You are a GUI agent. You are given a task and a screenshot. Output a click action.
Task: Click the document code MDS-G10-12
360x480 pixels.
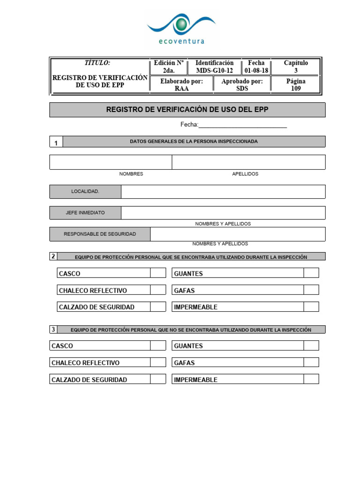(x=214, y=71)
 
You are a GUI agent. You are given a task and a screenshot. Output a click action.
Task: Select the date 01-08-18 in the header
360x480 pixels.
(x=256, y=71)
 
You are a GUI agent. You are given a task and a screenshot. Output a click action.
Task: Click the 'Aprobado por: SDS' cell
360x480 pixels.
(x=242, y=85)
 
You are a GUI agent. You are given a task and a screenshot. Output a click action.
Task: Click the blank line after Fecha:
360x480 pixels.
(x=243, y=125)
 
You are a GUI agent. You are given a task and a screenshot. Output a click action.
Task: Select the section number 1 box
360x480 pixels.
(x=56, y=142)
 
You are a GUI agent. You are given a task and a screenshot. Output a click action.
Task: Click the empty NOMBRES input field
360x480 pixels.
(x=111, y=162)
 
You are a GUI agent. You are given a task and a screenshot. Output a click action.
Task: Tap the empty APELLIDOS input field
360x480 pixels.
(x=248, y=162)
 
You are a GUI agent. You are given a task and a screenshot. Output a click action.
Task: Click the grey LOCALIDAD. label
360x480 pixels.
(x=85, y=192)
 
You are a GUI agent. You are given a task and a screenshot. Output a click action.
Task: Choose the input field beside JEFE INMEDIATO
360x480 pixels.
(x=223, y=213)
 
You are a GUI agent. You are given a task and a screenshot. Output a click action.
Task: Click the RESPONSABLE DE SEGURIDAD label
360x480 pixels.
(x=100, y=234)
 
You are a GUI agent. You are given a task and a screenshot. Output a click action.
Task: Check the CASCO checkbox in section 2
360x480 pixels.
(x=158, y=273)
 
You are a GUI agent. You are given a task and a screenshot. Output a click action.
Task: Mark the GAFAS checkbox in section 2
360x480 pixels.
(x=311, y=290)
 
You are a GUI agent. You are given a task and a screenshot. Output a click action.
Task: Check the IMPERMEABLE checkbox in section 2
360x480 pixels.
(x=311, y=307)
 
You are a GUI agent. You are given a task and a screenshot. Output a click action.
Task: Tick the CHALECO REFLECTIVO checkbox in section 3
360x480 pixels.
(x=158, y=363)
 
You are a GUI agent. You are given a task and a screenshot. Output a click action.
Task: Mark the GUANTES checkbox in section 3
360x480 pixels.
(x=311, y=346)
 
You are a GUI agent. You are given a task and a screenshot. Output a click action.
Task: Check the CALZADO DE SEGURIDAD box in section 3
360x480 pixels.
(x=158, y=380)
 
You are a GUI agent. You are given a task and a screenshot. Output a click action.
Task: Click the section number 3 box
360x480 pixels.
(x=53, y=330)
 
